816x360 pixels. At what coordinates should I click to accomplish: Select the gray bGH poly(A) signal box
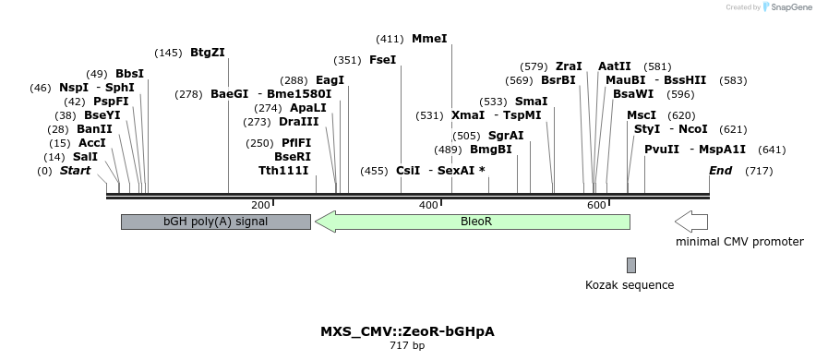click(x=215, y=222)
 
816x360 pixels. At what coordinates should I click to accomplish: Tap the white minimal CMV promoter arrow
click(x=691, y=222)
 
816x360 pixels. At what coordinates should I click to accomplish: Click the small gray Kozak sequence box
click(x=631, y=265)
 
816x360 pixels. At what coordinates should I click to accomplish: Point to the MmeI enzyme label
click(x=429, y=39)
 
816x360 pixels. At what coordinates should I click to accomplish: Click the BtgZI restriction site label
click(x=207, y=53)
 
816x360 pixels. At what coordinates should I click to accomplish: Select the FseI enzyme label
click(x=382, y=60)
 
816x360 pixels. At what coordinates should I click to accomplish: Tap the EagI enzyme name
click(x=330, y=80)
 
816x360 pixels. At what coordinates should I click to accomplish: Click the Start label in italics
click(x=78, y=171)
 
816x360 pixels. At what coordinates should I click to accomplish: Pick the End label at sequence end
click(x=720, y=171)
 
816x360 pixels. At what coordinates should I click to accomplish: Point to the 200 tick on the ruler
click(x=260, y=205)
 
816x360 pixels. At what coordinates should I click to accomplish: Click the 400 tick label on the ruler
click(x=428, y=205)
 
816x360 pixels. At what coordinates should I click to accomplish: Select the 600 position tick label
click(x=595, y=205)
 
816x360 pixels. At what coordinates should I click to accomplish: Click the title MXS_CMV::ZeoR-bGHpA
click(x=407, y=330)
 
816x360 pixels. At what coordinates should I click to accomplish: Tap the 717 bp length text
click(x=407, y=346)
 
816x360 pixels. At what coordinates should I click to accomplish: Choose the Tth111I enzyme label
click(x=283, y=171)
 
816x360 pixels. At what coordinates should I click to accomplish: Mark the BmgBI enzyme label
click(x=491, y=150)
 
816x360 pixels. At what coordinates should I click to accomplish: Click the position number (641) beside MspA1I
click(x=772, y=150)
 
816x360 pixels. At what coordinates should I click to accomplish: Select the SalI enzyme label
click(x=85, y=157)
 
